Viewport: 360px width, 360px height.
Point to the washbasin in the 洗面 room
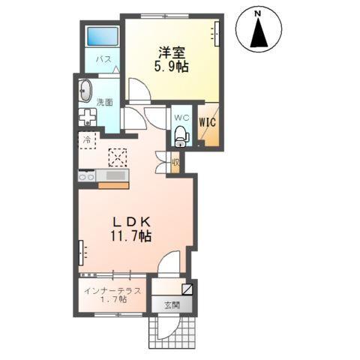point(84,91)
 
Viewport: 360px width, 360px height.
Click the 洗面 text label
point(105,103)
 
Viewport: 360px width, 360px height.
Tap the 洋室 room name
point(170,52)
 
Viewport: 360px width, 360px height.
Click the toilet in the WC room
point(181,135)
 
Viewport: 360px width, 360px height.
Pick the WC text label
point(180,118)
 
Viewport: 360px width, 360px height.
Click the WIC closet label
point(206,118)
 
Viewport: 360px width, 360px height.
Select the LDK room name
point(133,221)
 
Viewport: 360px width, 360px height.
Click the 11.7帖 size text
point(133,235)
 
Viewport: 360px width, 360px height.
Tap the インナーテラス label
point(106,289)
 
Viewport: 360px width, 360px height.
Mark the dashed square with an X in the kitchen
point(118,157)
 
